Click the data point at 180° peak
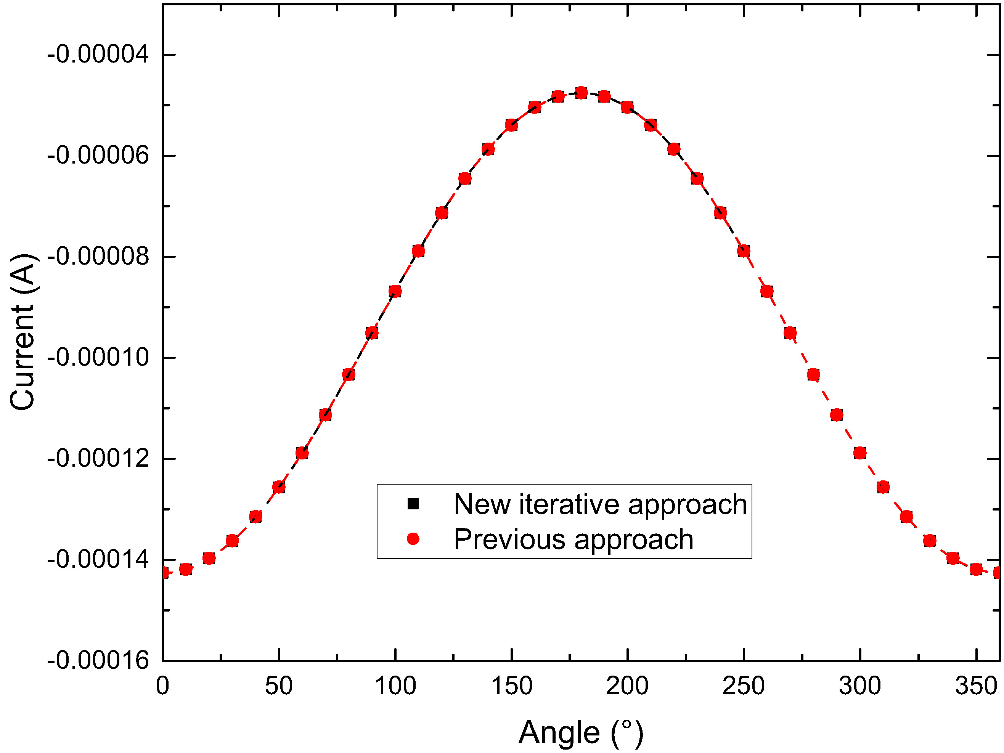coord(581,93)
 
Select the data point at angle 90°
coord(372,334)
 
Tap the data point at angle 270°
coord(790,334)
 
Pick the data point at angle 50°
coord(279,488)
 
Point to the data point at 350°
coord(976,569)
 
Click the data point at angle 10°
coord(186,569)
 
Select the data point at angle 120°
coord(442,213)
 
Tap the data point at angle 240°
coord(720,213)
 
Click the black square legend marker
coord(413,504)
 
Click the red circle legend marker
coord(413,539)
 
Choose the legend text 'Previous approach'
coord(573,539)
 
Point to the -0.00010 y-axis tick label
coord(98,358)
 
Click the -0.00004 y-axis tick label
coord(98,55)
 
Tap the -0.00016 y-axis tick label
coord(98,660)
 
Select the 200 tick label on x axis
coord(627,686)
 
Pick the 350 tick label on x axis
coord(976,686)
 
